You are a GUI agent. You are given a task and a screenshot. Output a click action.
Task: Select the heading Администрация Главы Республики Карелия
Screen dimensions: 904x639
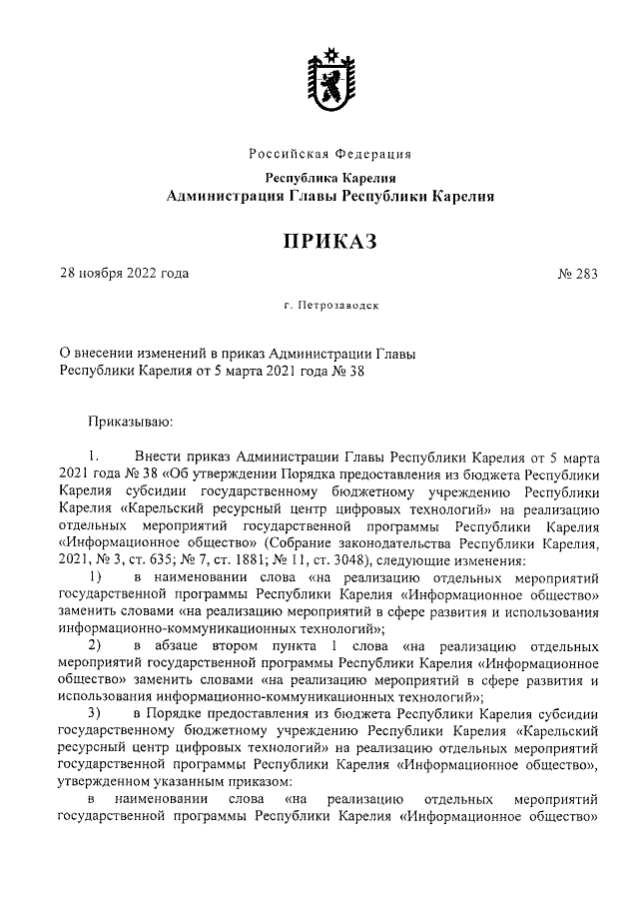click(x=329, y=197)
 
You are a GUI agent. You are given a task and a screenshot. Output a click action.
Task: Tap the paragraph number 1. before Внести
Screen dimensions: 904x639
click(x=93, y=457)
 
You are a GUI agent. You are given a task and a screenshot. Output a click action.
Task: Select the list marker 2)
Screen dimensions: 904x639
click(x=95, y=646)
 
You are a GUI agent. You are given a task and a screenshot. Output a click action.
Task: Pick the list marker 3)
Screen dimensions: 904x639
click(x=95, y=713)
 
